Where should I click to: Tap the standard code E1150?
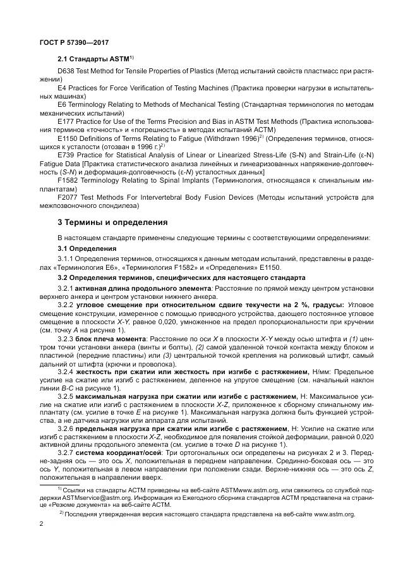(66, 137)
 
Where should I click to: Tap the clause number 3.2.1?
(66, 288)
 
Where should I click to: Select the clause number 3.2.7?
(66, 453)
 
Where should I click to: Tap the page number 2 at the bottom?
(41, 524)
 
